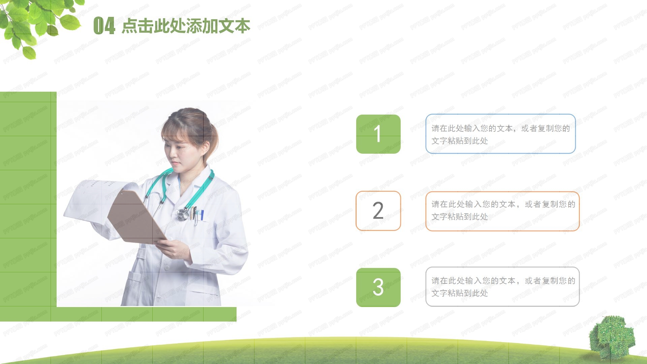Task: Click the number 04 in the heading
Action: (104, 26)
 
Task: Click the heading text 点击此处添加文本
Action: (186, 26)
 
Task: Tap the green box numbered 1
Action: (378, 134)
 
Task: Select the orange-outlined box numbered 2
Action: (378, 211)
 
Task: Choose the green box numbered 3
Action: (378, 287)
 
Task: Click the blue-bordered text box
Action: (500, 134)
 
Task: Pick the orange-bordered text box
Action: (502, 211)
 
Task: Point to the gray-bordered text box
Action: (502, 287)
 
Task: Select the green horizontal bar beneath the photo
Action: (118, 314)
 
